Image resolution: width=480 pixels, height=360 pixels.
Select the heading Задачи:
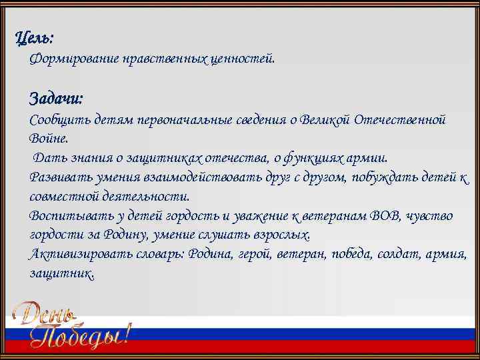click(x=57, y=99)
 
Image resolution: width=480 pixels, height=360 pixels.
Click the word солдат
click(x=400, y=255)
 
